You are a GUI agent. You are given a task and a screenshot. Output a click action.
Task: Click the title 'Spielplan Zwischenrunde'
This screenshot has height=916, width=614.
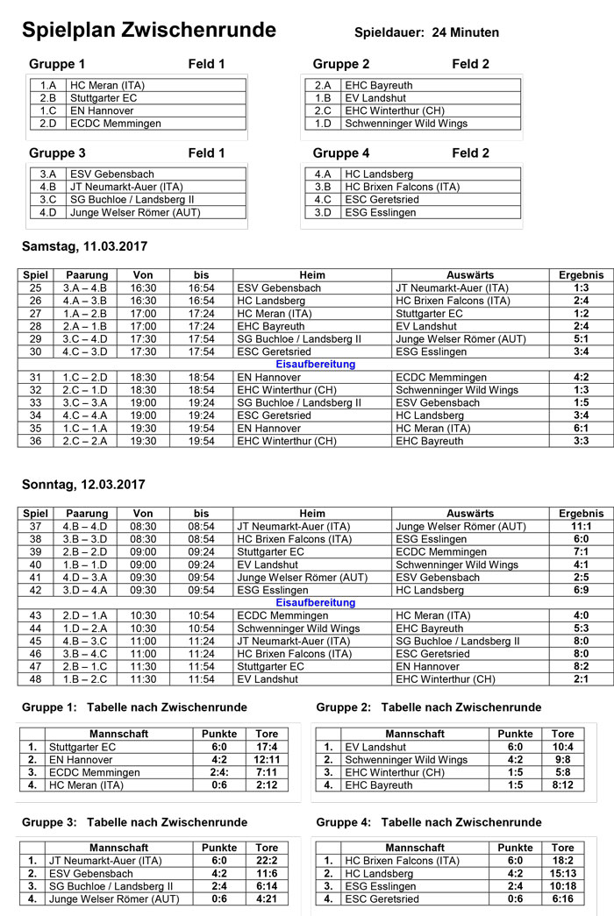[x=148, y=32]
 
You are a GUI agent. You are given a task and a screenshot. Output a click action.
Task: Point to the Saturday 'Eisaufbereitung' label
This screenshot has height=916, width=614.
[x=315, y=364]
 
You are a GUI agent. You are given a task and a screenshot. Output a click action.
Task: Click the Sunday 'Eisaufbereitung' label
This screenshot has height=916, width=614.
[x=315, y=603]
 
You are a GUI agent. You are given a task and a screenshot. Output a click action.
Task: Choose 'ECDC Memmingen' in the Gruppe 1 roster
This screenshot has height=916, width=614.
[x=116, y=124]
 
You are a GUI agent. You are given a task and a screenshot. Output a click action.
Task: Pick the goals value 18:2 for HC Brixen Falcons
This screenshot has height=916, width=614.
[x=562, y=862]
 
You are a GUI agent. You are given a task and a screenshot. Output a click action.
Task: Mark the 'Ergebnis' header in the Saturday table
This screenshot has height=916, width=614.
[x=581, y=275]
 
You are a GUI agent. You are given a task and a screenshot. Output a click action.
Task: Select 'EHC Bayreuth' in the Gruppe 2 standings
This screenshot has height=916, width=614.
[x=379, y=785]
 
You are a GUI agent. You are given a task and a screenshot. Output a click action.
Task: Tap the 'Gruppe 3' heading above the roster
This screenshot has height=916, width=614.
[x=57, y=153]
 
